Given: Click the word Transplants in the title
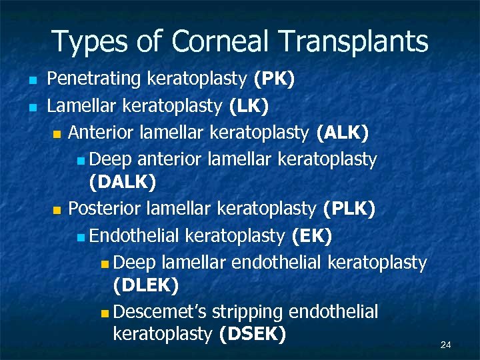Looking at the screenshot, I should [x=353, y=42].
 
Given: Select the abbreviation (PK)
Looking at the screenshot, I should [x=274, y=80].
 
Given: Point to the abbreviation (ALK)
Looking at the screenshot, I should [x=343, y=132].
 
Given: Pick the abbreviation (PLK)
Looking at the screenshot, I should [x=349, y=209].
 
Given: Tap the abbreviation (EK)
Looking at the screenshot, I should [x=312, y=235].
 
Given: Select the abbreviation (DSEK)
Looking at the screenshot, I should [x=253, y=333].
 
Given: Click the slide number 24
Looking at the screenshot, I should [x=446, y=345].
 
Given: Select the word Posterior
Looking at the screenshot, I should [x=105, y=209].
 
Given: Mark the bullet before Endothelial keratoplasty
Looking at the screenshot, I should [x=80, y=236].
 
